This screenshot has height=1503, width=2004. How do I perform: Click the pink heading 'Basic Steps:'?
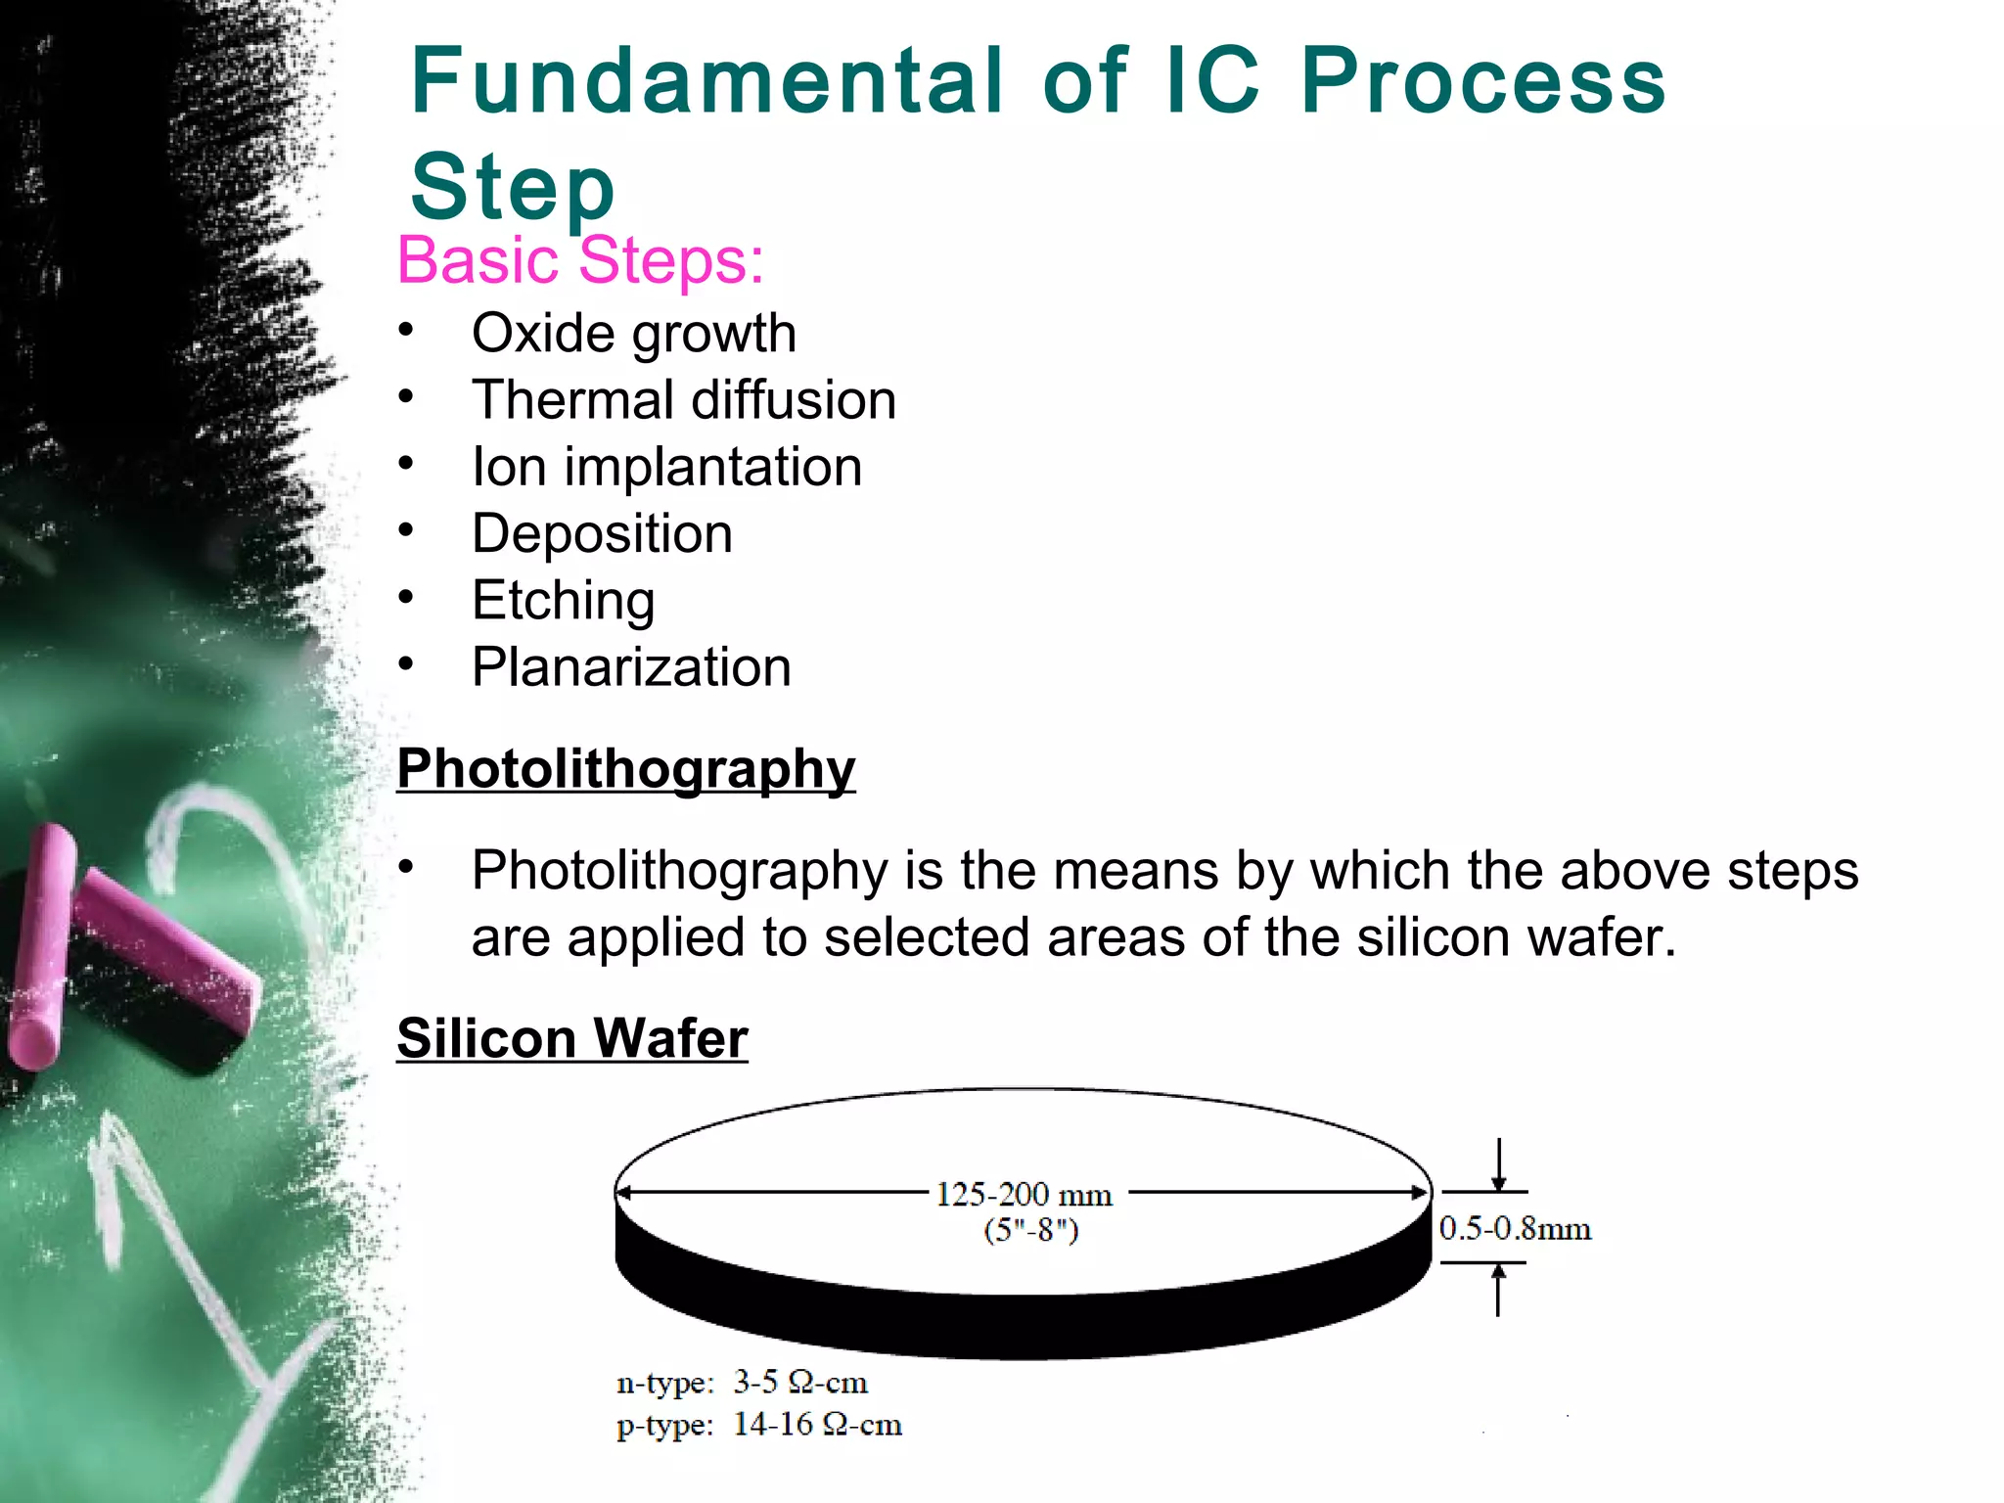[x=580, y=261]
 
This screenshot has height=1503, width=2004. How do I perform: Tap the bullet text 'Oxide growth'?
[x=634, y=334]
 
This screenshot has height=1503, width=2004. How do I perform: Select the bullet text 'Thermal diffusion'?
[x=684, y=400]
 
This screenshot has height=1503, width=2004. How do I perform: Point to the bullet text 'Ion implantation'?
[x=667, y=467]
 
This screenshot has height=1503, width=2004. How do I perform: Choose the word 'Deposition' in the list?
[x=602, y=534]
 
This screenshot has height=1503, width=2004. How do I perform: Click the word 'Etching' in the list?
[x=563, y=601]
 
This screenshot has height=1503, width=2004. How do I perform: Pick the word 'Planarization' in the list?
[x=631, y=667]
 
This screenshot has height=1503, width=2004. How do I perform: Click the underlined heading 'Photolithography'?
[x=626, y=769]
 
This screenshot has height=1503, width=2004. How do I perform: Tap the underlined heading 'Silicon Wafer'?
[x=572, y=1038]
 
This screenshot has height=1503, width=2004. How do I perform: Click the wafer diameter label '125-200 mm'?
[x=1024, y=1195]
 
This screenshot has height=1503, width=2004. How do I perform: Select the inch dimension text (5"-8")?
[x=1030, y=1230]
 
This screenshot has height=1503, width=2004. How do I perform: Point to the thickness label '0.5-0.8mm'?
[x=1515, y=1229]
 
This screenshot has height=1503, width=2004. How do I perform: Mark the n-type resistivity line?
[x=742, y=1383]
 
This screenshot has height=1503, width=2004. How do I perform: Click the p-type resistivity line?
[x=758, y=1425]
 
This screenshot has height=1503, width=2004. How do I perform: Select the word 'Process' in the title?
[x=1482, y=81]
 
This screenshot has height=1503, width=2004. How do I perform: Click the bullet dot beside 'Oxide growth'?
[x=406, y=330]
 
